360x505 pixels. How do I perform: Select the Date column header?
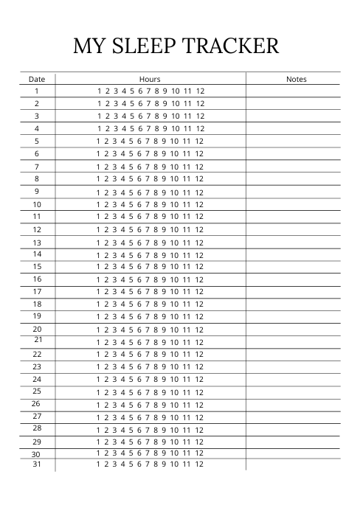click(37, 79)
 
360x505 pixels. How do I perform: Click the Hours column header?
click(150, 79)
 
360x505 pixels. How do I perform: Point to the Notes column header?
click(296, 79)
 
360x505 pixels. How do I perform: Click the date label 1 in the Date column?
click(37, 91)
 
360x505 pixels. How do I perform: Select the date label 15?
click(37, 266)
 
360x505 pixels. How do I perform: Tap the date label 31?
click(37, 464)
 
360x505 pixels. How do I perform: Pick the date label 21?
click(38, 340)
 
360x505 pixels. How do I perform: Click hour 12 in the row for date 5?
click(200, 141)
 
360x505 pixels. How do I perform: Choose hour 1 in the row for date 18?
click(99, 304)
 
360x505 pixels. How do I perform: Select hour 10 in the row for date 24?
click(175, 379)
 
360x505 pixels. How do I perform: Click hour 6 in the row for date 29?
click(139, 442)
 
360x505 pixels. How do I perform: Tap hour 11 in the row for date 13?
click(187, 243)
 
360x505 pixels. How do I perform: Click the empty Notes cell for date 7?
click(293, 167)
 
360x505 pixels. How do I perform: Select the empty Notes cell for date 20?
click(293, 330)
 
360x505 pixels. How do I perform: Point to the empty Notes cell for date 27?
click(293, 417)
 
